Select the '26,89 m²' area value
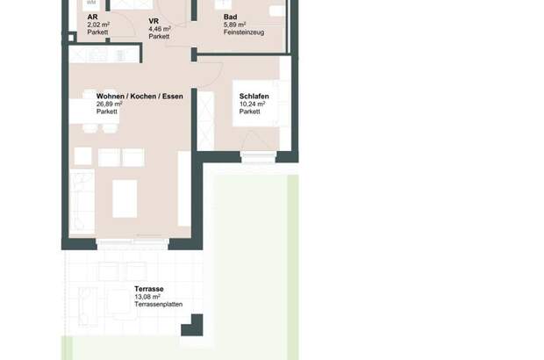(110, 104)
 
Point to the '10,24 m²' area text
(253, 104)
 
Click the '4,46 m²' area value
(160, 28)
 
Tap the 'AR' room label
(92, 17)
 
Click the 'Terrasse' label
(149, 289)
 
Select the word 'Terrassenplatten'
(158, 304)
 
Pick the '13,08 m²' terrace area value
(147, 297)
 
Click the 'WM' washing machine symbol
(90, 4)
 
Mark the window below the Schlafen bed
(257, 157)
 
